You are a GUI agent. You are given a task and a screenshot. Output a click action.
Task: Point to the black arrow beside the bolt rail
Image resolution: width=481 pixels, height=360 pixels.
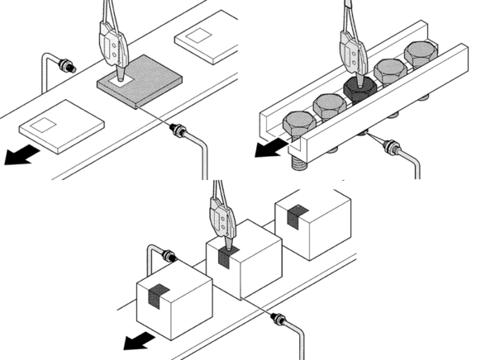click(266, 146)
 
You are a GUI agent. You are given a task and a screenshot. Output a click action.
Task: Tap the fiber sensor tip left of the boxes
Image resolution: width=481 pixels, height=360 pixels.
click(170, 255)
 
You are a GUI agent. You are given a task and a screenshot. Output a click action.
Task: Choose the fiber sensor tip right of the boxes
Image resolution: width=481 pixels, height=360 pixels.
click(279, 316)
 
